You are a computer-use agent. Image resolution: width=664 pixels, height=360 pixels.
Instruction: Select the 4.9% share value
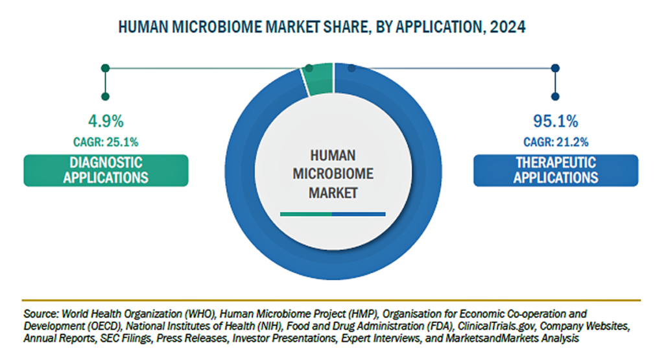[x=106, y=121]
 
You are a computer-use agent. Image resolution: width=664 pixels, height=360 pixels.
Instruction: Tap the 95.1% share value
[x=556, y=121]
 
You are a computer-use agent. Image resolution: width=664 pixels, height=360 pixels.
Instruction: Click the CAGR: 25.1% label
[x=106, y=142]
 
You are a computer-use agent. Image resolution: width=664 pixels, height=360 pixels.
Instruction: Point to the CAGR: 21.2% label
[x=556, y=142]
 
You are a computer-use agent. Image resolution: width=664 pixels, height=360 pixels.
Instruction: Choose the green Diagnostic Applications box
[x=106, y=170]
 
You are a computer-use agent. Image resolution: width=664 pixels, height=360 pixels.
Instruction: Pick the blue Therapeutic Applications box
[x=556, y=170]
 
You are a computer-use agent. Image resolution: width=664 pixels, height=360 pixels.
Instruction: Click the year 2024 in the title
[x=508, y=27]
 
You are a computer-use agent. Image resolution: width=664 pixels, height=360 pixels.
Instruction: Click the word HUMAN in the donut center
[x=333, y=156]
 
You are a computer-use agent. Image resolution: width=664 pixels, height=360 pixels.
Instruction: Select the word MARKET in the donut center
[x=333, y=193]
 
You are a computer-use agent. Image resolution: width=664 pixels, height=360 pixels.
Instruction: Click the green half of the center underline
[x=306, y=214]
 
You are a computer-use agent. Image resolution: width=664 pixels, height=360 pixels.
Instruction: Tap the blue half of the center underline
[x=359, y=214]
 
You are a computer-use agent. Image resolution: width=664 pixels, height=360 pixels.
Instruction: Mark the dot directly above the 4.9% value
[x=106, y=97]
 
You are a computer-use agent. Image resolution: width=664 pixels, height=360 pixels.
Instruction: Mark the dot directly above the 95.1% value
[x=555, y=97]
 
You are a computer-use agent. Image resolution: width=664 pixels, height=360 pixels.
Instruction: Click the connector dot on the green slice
[x=309, y=68]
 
